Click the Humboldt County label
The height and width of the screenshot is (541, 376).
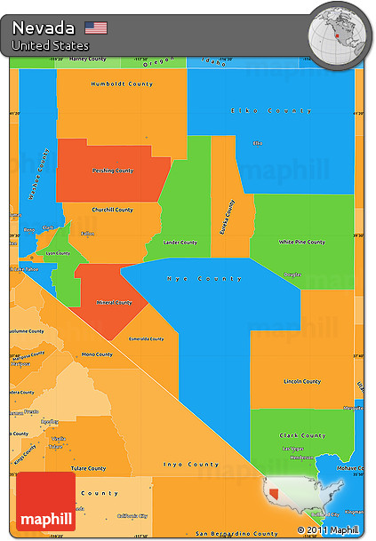pos(122,84)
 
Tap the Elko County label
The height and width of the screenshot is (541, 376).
pos(271,111)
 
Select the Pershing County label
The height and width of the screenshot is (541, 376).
pos(113,171)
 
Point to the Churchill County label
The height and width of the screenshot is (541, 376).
pos(111,210)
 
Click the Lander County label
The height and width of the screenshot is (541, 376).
pos(180,242)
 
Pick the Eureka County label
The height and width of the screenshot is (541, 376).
pos(228,217)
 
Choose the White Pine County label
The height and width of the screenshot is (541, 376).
pos(301,242)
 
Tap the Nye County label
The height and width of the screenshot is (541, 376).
pos(204,279)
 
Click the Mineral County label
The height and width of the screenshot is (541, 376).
pos(111,302)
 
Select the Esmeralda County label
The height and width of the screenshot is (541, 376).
pos(147,338)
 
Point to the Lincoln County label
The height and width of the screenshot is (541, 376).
pos(300,381)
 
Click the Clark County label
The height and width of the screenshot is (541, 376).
pos(301,435)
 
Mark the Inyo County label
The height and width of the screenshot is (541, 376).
pos(191,464)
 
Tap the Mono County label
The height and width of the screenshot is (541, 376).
pos(97,354)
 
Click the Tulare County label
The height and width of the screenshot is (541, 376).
pos(90,468)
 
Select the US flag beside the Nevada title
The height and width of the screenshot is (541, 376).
pos(95,28)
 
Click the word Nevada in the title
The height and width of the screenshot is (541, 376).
pos(44,28)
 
